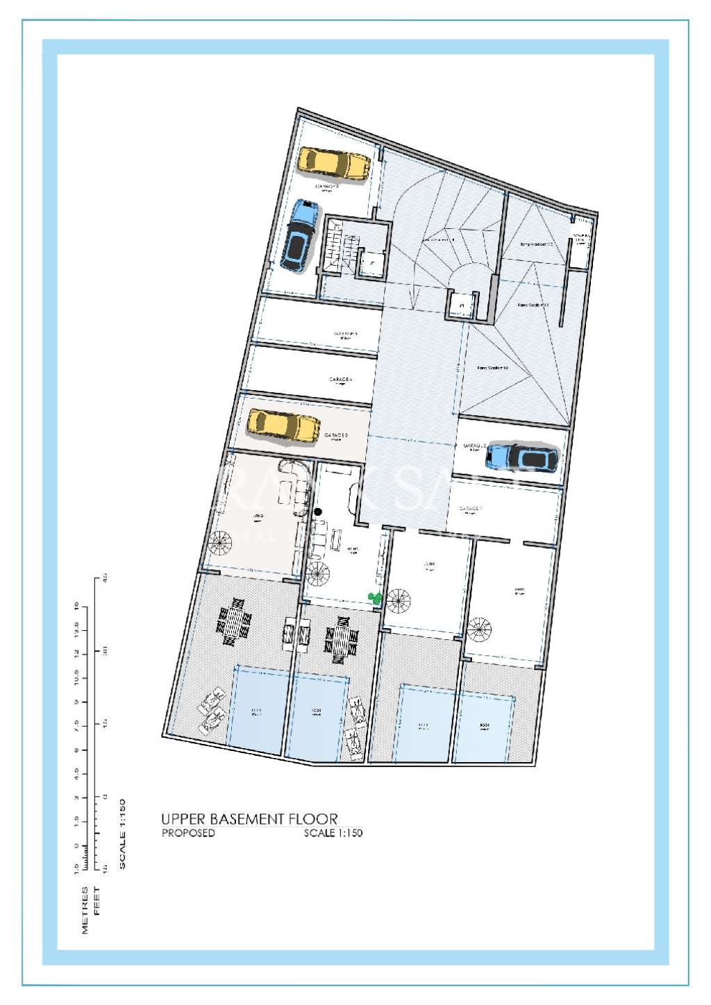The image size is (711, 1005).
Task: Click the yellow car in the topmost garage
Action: click(x=334, y=164)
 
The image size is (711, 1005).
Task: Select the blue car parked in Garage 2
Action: click(x=521, y=457)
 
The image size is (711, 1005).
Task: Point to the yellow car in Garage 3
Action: click(x=283, y=425)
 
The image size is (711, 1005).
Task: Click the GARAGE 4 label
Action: click(x=340, y=380)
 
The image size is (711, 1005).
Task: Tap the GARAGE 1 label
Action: click(x=470, y=509)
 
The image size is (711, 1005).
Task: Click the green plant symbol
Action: click(x=375, y=596)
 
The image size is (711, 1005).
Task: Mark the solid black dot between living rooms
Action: click(x=318, y=512)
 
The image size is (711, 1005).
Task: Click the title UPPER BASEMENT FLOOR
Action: click(x=249, y=819)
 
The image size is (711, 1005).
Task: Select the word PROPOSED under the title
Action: click(x=188, y=833)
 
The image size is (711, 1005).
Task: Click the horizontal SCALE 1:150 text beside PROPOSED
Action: click(x=333, y=833)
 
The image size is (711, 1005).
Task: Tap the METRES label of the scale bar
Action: click(x=85, y=909)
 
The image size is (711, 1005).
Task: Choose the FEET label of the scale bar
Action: click(x=97, y=900)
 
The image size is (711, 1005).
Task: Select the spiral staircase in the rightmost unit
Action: click(x=479, y=632)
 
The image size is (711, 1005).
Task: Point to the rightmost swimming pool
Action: click(x=485, y=726)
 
